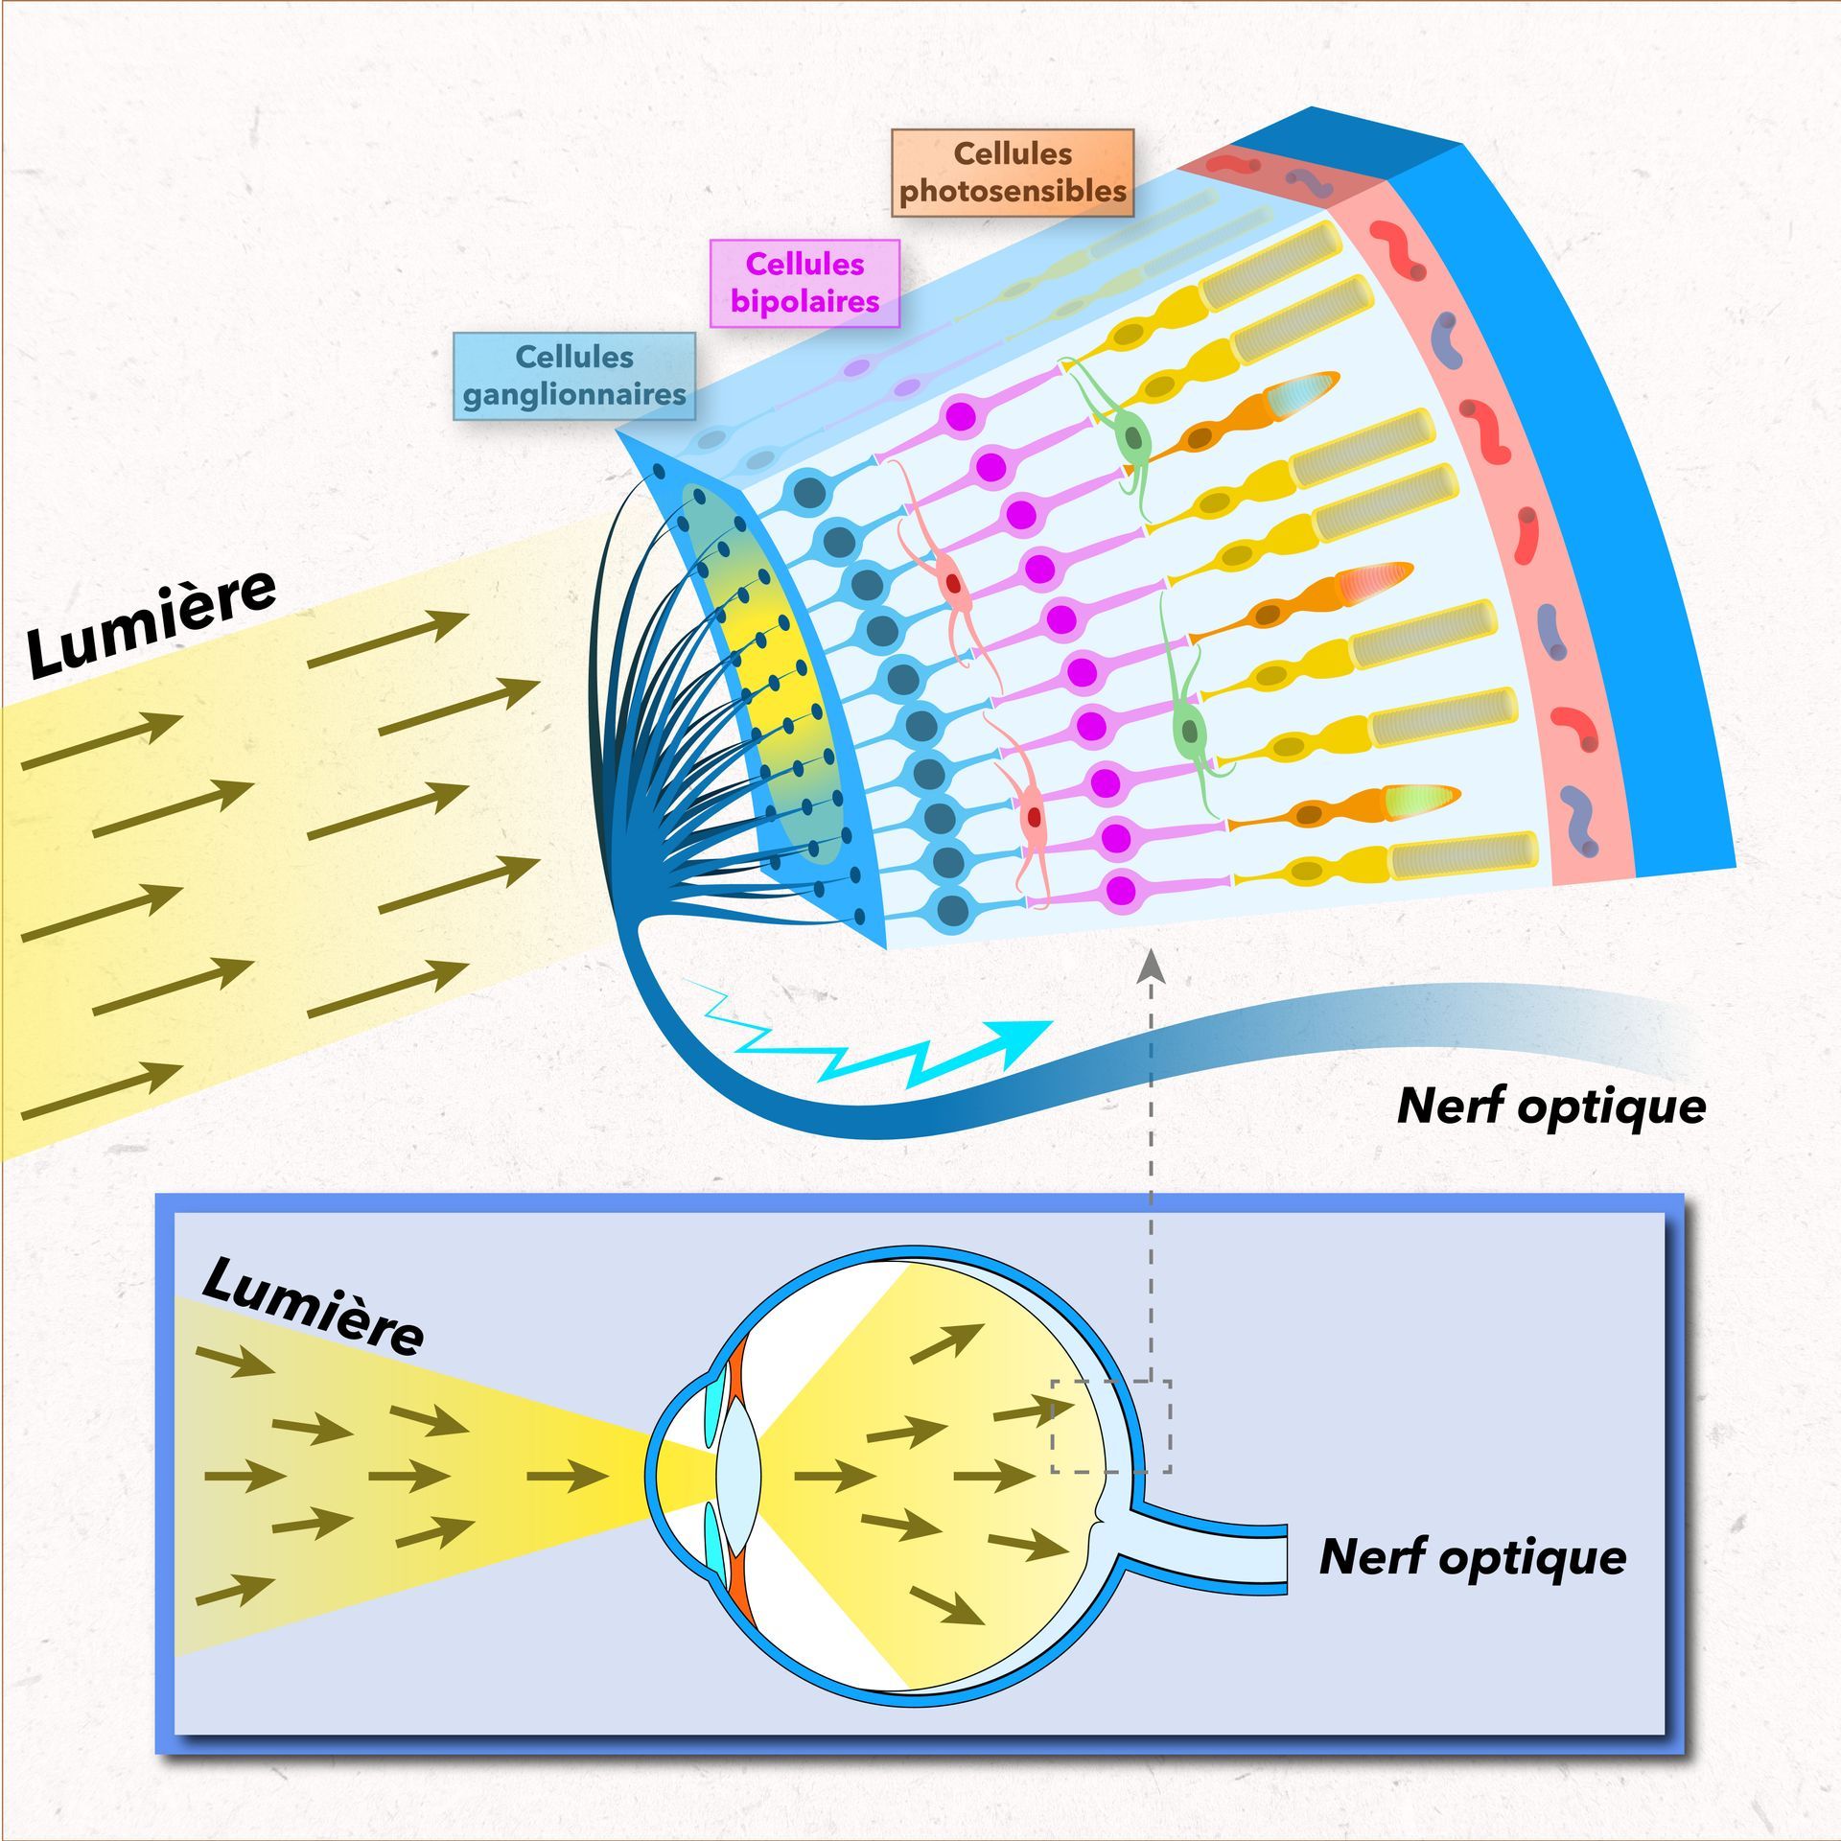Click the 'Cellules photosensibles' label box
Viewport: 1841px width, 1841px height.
click(1013, 173)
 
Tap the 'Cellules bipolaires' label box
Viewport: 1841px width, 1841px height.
click(804, 283)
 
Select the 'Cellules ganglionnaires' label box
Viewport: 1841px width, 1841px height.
click(574, 376)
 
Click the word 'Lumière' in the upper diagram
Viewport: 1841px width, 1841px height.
click(151, 623)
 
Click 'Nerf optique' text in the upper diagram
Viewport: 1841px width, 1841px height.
click(1551, 1106)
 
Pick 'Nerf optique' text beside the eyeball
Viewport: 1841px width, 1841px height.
click(1473, 1556)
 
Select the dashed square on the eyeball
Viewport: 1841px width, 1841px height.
click(1110, 1426)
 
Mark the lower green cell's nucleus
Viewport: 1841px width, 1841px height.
click(1190, 731)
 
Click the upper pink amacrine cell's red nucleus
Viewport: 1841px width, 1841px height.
click(953, 582)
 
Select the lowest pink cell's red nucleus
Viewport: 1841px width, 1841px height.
click(1034, 817)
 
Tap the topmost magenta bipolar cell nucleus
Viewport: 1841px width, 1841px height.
click(961, 417)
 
